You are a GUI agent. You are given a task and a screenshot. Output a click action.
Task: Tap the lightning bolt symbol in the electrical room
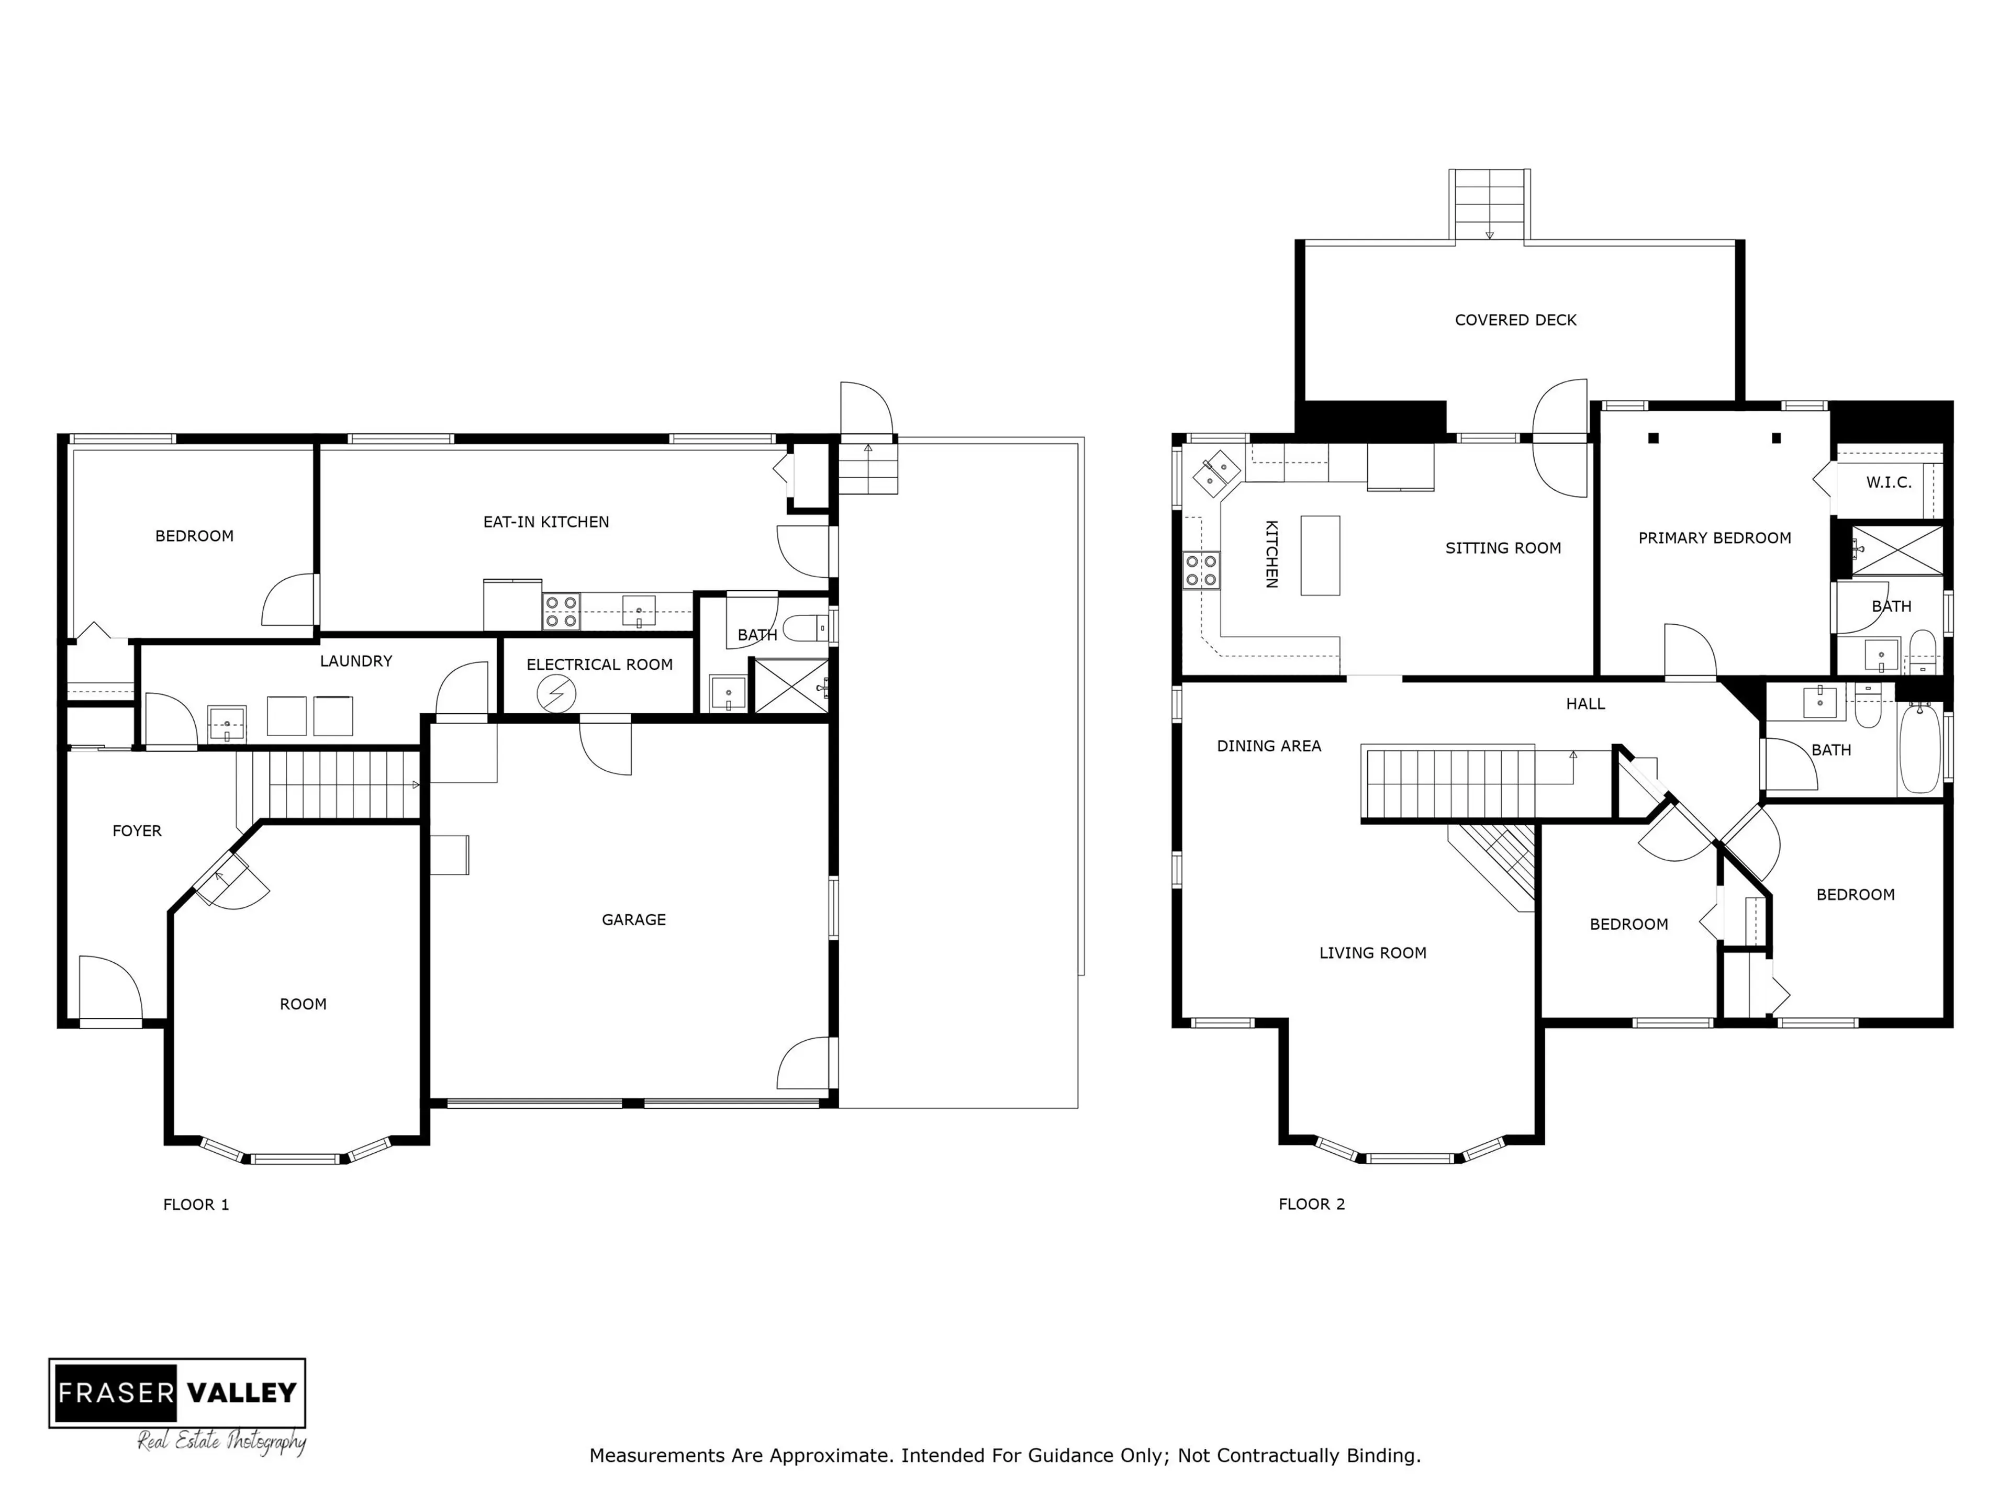(555, 695)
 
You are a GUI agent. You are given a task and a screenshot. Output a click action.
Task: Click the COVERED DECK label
(1515, 320)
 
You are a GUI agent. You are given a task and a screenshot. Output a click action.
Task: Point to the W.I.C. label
(1888, 482)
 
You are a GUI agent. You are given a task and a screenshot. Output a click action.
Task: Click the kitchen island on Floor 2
(1320, 555)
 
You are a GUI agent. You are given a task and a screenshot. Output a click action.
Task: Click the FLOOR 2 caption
(1311, 1205)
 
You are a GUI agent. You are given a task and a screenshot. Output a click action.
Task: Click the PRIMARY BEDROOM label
(1714, 538)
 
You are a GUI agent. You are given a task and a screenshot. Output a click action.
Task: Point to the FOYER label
(136, 831)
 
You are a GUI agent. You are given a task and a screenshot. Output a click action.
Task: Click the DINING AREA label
(1268, 746)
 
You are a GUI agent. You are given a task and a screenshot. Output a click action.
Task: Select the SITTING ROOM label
(1503, 548)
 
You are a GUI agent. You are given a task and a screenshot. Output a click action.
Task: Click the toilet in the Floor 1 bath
(803, 628)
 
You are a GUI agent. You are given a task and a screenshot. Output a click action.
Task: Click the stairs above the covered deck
(1489, 205)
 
